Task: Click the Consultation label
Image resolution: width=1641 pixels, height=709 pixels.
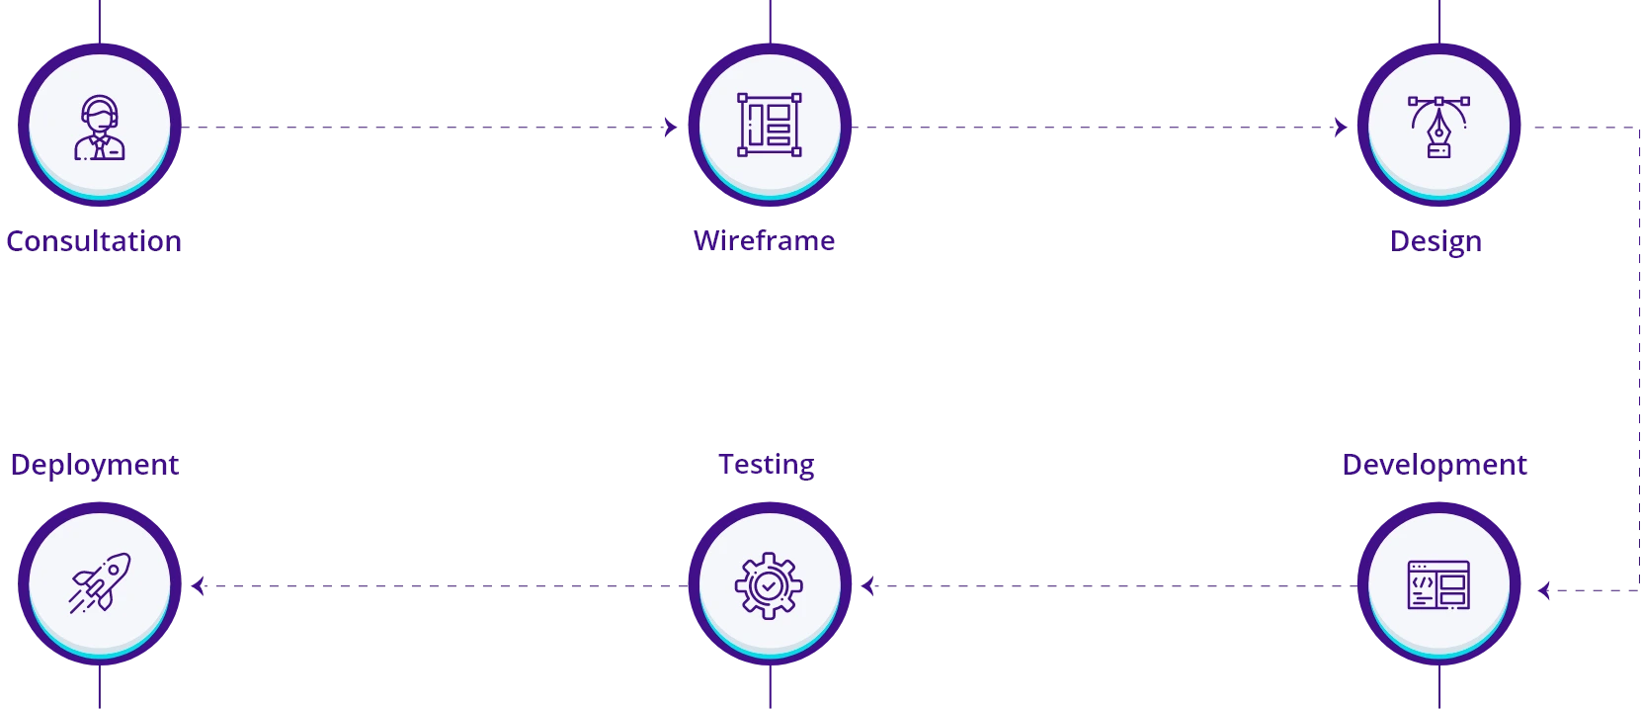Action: click(x=95, y=241)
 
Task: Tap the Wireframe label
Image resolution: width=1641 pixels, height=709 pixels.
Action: click(x=766, y=241)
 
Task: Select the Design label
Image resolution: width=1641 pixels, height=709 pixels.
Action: click(x=1436, y=241)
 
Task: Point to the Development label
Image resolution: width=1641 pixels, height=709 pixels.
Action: click(x=1436, y=464)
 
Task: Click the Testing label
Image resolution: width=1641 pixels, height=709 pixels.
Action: click(x=766, y=464)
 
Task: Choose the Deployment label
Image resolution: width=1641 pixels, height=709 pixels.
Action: click(x=95, y=464)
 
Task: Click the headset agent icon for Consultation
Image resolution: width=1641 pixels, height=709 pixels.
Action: click(x=100, y=128)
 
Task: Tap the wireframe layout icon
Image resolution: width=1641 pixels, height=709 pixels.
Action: click(x=770, y=125)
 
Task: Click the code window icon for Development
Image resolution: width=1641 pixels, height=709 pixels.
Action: click(x=1438, y=585)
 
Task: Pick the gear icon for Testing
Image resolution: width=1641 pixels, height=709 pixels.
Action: click(x=769, y=585)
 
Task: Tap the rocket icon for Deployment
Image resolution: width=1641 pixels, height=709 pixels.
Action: click(x=100, y=583)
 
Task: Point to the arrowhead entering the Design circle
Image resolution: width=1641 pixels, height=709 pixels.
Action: click(x=1341, y=129)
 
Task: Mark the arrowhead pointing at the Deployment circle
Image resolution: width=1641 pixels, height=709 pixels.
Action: click(x=197, y=587)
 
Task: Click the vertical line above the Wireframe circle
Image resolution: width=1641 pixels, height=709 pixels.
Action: click(x=770, y=20)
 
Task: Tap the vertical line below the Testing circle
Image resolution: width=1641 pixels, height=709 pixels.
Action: click(x=770, y=688)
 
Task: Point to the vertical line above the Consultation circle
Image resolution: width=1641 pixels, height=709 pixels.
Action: click(x=100, y=20)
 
